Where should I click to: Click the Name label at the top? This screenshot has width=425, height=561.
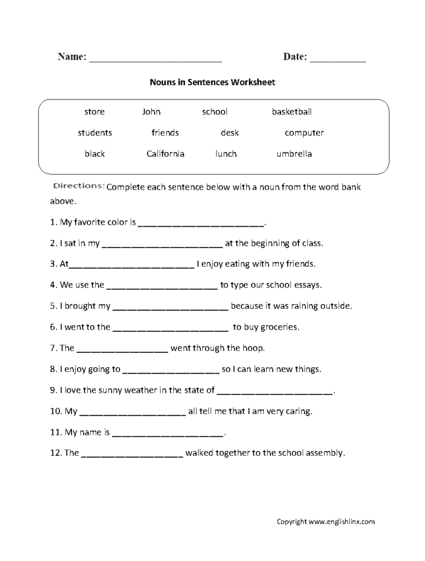72,57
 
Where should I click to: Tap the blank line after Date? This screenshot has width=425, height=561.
338,60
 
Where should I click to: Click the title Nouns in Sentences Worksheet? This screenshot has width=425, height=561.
212,82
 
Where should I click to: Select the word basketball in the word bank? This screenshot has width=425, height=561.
292,112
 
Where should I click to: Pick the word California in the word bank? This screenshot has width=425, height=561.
165,154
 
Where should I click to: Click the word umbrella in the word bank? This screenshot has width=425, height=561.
294,154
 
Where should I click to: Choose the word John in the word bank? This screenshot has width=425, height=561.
151,112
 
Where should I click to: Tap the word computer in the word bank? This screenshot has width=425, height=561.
304,133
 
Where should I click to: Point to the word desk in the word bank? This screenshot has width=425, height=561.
229,133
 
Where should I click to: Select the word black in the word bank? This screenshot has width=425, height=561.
95,154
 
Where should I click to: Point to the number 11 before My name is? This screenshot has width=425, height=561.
55,432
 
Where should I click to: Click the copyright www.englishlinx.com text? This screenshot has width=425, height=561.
326,522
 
